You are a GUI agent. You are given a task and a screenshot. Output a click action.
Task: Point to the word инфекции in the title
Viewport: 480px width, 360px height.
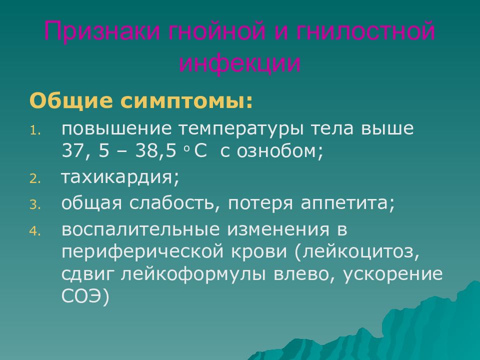click(x=240, y=63)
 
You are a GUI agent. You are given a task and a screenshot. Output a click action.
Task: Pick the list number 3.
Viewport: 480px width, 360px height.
click(x=33, y=205)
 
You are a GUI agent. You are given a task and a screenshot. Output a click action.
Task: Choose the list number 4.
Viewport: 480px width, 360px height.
click(x=33, y=231)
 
